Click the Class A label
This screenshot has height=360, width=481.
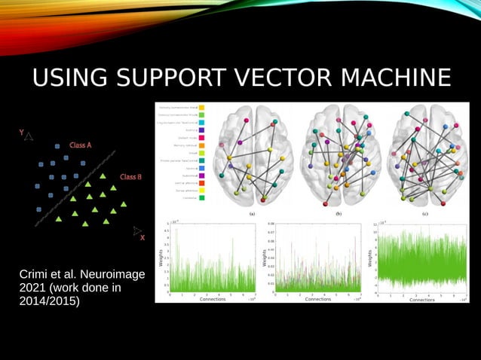coord(81,145)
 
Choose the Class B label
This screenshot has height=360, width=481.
coord(130,177)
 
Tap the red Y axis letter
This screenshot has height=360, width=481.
coord(22,133)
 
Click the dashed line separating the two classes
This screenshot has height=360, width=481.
coord(75,188)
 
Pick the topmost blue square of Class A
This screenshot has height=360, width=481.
coord(57,145)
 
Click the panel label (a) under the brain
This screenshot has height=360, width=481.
coord(253,213)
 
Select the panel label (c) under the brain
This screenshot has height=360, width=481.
coord(424,213)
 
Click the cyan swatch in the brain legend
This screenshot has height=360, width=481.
coord(202,122)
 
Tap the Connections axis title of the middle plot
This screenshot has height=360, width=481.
coord(317,299)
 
